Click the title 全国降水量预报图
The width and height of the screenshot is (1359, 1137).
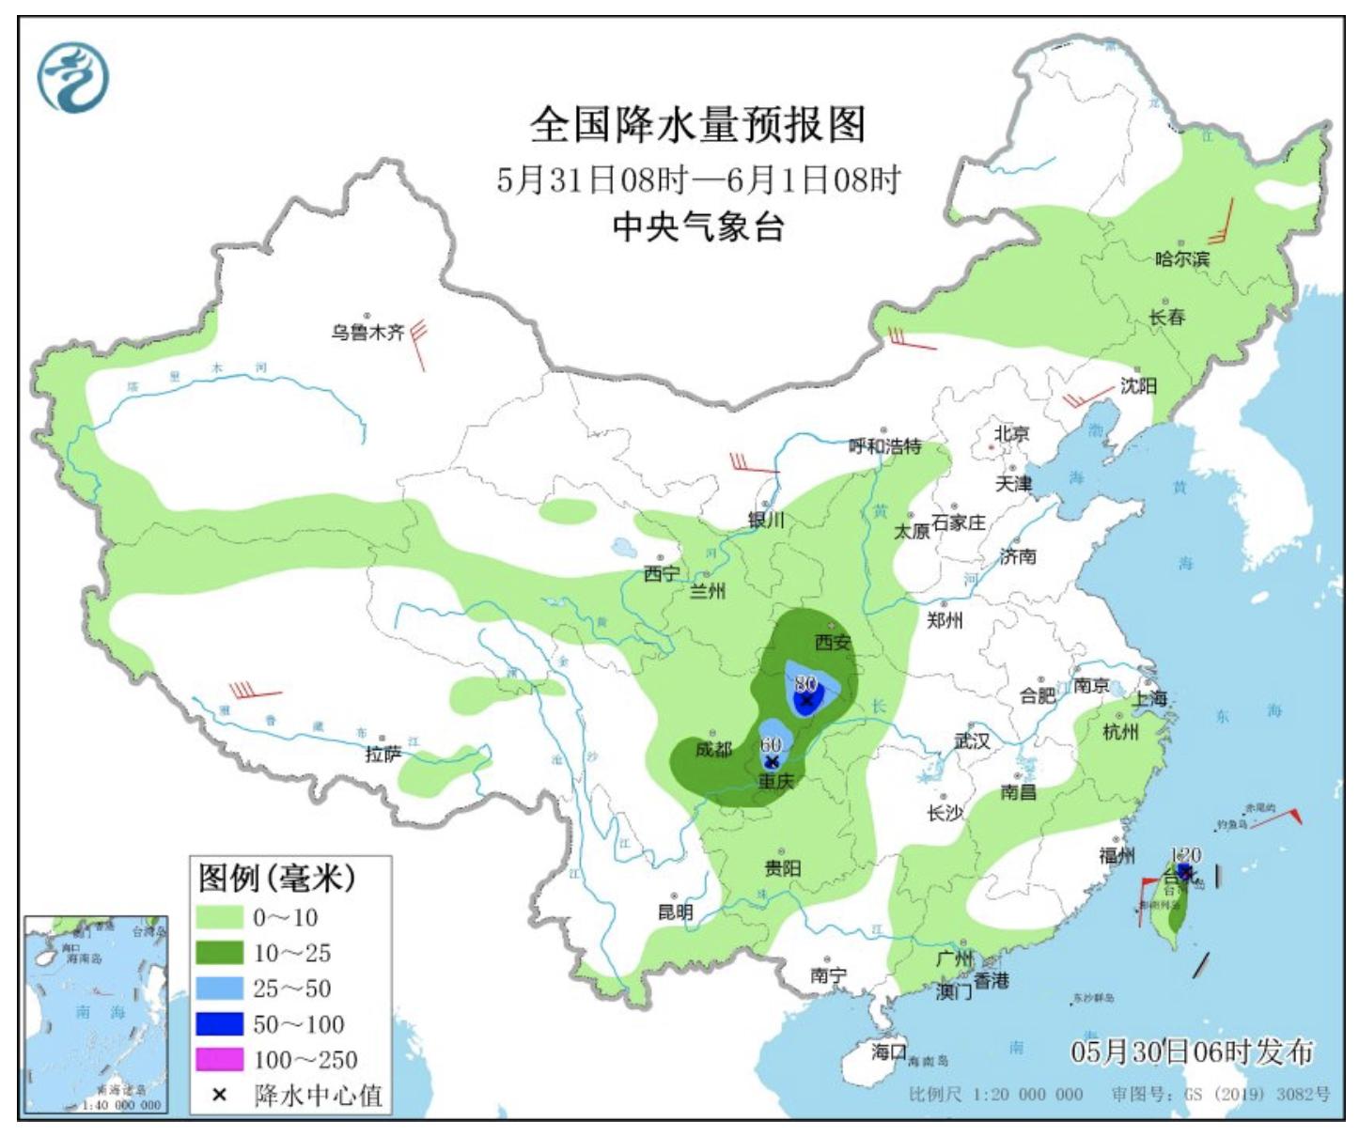(x=697, y=124)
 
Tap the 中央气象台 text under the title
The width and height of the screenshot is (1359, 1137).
(x=697, y=226)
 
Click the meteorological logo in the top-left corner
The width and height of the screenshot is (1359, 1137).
(x=73, y=77)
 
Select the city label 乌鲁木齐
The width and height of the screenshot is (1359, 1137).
(x=367, y=332)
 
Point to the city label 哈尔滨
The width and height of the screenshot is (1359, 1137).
(x=1182, y=258)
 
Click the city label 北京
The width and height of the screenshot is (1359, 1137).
(x=1012, y=433)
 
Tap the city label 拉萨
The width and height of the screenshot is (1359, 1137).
(x=383, y=754)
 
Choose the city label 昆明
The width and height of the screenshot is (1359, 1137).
(x=675, y=911)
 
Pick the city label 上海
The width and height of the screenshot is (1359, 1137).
(x=1148, y=698)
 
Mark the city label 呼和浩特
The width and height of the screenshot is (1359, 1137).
(x=884, y=446)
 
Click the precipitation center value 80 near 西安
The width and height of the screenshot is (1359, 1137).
(x=805, y=683)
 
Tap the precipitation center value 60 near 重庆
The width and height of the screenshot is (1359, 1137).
(x=771, y=744)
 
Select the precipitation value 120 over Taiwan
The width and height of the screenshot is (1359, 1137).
(x=1186, y=855)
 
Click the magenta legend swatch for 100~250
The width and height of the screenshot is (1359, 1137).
(x=219, y=1060)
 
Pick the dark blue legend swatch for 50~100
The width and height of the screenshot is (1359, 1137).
(x=219, y=1024)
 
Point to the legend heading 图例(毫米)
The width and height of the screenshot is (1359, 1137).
(x=277, y=879)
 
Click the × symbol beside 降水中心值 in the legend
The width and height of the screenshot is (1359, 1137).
(x=219, y=1095)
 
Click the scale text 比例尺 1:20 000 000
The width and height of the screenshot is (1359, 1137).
(x=995, y=1095)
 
